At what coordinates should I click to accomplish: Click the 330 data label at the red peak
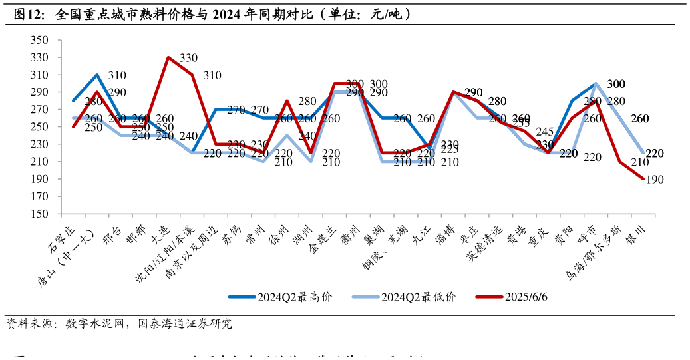click(x=188, y=58)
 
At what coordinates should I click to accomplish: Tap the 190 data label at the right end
click(x=655, y=180)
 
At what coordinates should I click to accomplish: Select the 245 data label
click(x=544, y=132)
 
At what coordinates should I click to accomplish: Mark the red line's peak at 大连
click(x=168, y=57)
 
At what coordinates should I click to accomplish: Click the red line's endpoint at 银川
click(x=643, y=179)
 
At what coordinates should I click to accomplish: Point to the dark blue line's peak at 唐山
click(x=97, y=75)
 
